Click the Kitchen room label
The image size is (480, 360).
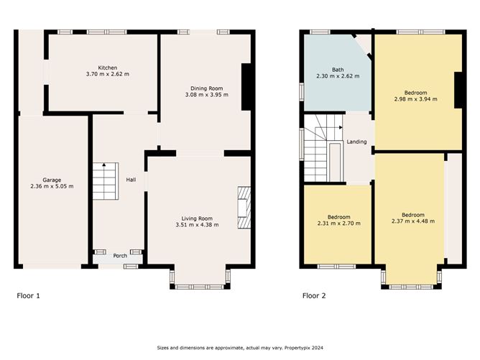[x=108, y=68]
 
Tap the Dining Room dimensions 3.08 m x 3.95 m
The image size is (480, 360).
[x=207, y=95]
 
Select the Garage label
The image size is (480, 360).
[x=52, y=180]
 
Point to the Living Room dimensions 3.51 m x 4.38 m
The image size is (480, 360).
[x=197, y=225]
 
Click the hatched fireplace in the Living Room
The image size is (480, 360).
[x=244, y=208]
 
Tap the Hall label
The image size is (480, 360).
[x=131, y=180]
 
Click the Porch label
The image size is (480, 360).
[x=120, y=256]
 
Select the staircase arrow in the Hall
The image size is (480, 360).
[x=104, y=165]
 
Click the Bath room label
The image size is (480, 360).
[x=338, y=70]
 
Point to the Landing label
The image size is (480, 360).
[x=356, y=142]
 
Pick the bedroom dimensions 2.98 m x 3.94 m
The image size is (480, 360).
[x=416, y=99]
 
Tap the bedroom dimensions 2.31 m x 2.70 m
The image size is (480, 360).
[x=339, y=223]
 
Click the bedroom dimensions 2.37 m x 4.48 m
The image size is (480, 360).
[x=413, y=221]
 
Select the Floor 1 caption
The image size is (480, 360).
[x=28, y=296]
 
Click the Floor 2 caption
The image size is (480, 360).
[x=314, y=296]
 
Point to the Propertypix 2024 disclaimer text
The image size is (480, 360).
[x=240, y=348]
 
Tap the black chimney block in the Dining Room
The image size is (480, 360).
[x=246, y=87]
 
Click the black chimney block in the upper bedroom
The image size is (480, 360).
[x=458, y=91]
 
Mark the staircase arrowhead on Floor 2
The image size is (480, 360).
[x=341, y=127]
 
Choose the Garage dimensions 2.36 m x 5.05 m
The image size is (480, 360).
[x=52, y=186]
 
